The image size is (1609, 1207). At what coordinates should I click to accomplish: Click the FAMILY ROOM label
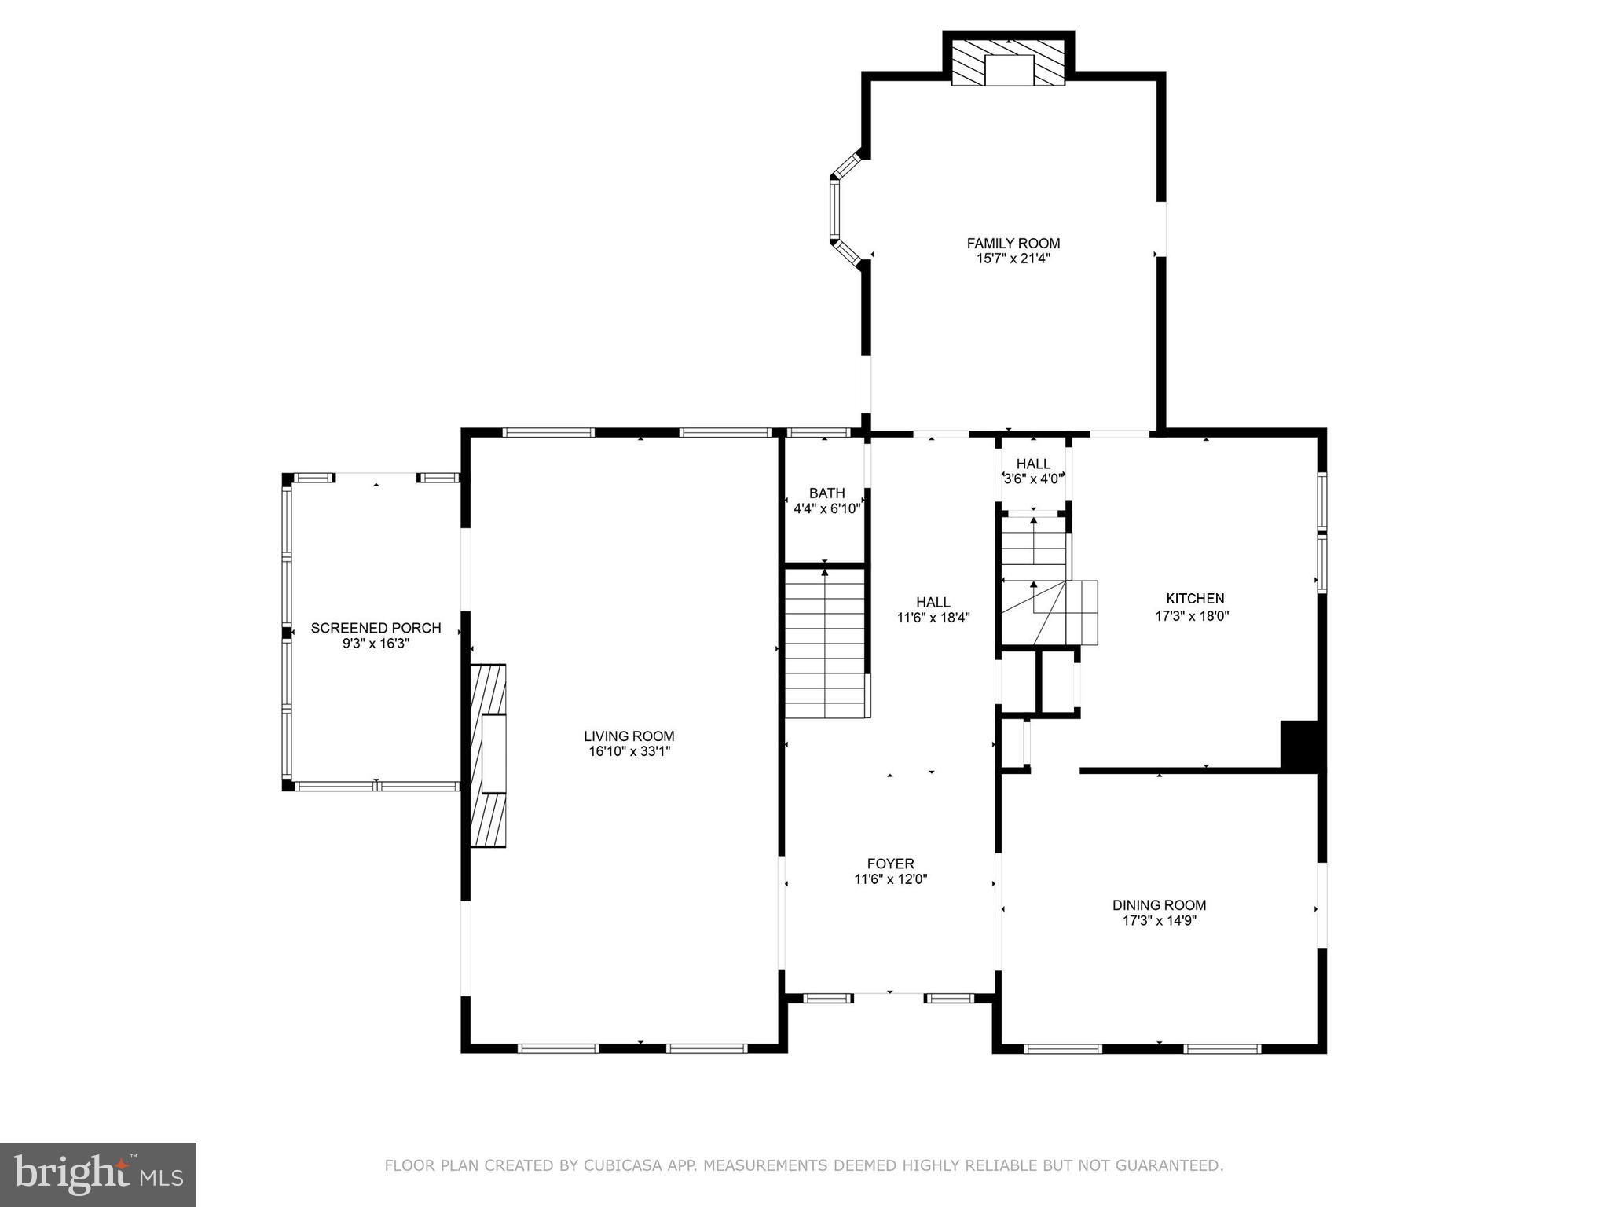1013,244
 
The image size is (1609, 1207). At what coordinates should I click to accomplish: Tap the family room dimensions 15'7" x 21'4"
1013,259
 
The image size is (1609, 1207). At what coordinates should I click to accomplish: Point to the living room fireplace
488,755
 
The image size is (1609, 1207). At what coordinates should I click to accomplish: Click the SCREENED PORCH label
376,628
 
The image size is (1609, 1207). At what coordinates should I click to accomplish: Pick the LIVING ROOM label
629,736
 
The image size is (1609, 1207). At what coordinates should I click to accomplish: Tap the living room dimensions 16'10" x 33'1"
629,751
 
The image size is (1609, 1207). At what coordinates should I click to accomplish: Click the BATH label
826,493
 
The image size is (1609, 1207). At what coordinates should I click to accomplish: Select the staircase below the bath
825,643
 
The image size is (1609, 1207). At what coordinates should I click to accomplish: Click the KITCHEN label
1194,599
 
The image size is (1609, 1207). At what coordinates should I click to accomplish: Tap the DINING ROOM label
1159,905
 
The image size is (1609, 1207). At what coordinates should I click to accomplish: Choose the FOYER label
890,864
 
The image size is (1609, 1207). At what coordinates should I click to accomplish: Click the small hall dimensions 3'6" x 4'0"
1033,478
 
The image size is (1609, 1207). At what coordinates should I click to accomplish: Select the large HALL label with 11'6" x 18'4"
933,603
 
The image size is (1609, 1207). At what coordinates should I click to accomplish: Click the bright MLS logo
98,1174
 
